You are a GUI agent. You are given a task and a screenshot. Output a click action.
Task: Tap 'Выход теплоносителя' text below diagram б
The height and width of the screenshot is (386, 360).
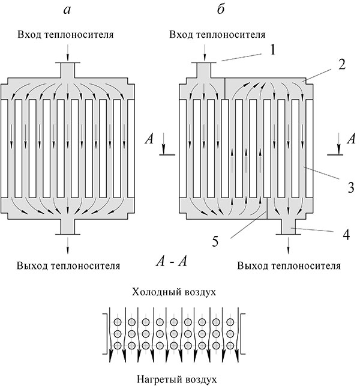point(289,265)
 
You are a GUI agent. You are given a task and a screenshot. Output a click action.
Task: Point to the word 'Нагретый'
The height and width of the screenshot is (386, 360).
point(157,379)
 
